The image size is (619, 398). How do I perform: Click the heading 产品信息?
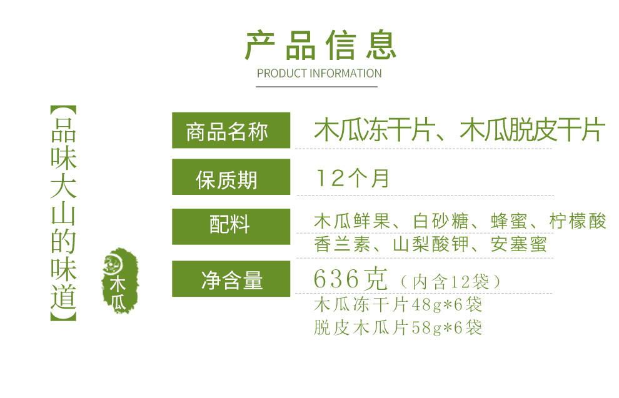[320, 45]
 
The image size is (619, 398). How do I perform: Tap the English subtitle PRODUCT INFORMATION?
[320, 73]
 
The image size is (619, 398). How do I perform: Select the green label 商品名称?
[231, 131]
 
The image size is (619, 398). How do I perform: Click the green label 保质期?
[231, 177]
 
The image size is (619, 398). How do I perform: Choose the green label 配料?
[231, 227]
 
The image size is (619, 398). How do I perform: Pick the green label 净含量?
[231, 279]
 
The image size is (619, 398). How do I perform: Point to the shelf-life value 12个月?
[353, 178]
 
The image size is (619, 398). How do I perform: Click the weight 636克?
[351, 279]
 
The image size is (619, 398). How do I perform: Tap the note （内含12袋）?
[450, 282]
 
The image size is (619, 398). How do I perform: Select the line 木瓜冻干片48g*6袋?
[398, 304]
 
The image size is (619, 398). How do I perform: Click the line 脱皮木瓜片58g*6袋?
[398, 327]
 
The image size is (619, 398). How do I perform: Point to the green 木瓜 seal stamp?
[120, 281]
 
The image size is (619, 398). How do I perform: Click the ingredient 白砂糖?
[441, 221]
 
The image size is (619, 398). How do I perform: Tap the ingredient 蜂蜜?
[509, 221]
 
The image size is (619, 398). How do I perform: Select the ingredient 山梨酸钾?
[431, 244]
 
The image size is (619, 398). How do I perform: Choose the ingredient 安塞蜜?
[519, 244]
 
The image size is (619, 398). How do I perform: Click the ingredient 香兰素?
[342, 244]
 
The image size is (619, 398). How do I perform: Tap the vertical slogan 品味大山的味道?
[63, 213]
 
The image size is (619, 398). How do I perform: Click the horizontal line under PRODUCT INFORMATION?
[316, 86]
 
